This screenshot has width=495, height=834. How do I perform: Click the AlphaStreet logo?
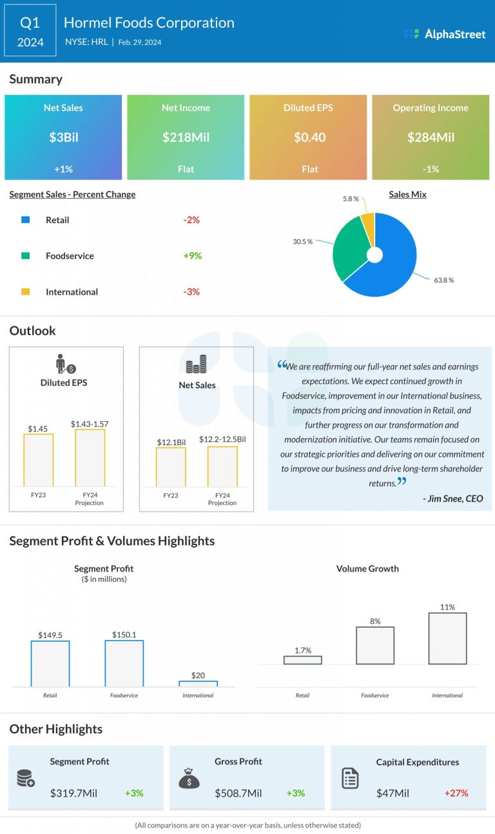click(444, 34)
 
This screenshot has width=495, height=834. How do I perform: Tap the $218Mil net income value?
click(186, 137)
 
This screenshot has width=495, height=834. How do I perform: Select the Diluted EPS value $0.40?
click(309, 137)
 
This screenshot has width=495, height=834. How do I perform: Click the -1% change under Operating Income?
click(431, 169)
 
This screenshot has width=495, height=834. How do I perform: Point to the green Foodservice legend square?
click(26, 256)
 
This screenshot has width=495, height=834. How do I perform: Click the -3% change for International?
click(191, 292)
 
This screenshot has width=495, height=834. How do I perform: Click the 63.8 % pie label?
click(443, 281)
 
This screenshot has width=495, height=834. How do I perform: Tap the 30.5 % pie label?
click(302, 241)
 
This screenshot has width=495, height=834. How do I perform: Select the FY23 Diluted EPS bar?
click(39, 460)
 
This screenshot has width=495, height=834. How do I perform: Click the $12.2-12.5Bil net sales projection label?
click(222, 439)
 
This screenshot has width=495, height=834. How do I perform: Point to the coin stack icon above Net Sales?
click(196, 365)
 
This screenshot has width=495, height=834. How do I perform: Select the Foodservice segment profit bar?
click(124, 663)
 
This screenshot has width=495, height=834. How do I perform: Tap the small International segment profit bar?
click(198, 683)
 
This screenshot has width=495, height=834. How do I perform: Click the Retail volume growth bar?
click(302, 660)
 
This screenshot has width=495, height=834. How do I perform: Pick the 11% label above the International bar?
click(447, 607)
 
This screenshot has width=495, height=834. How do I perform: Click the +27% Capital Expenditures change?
click(456, 793)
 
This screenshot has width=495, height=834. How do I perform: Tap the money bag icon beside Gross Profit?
click(189, 779)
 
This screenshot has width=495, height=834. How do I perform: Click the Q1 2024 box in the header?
click(30, 32)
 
